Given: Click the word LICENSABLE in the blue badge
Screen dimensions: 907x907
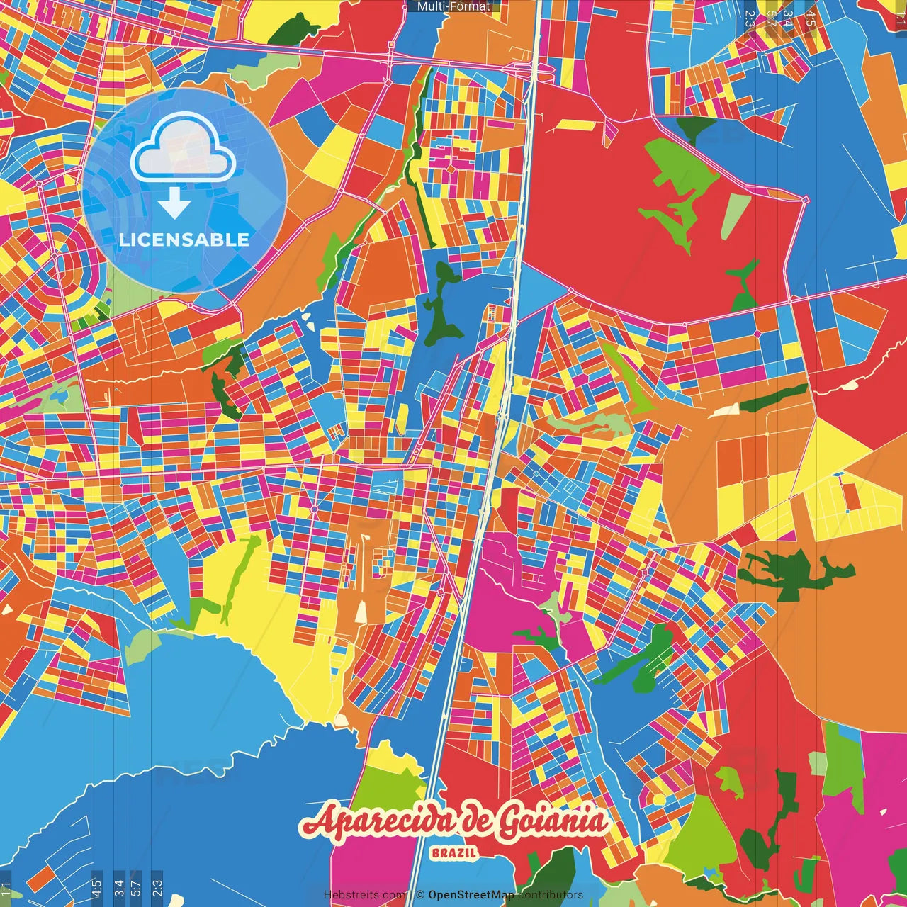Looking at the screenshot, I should point(184,240).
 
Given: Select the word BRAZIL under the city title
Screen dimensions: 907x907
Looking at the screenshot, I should point(453,852).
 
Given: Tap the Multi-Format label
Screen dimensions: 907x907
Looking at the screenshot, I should point(453,6).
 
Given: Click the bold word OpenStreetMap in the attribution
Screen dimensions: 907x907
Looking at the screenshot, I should point(471,895).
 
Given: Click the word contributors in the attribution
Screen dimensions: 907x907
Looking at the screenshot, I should point(550,895).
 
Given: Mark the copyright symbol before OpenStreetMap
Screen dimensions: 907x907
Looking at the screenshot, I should point(419,895).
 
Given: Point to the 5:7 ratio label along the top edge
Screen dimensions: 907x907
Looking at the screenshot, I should point(770,18).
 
